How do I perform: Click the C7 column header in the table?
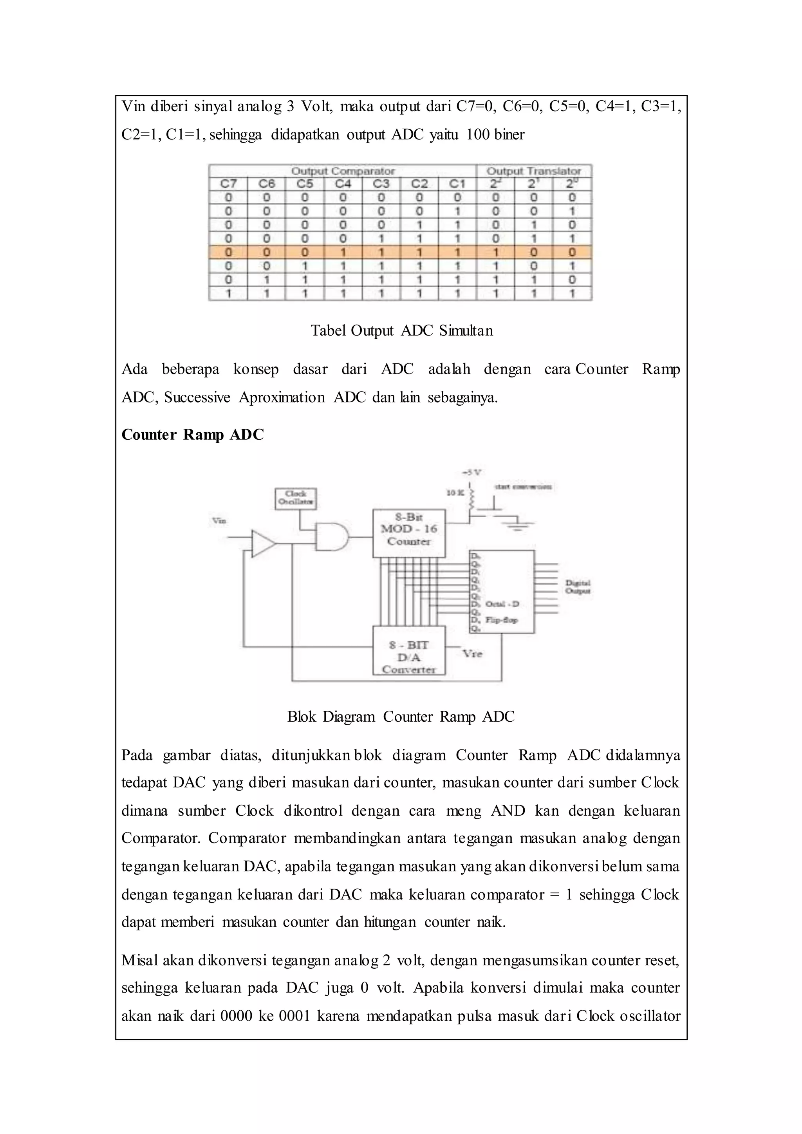point(228,184)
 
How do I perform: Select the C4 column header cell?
point(343,184)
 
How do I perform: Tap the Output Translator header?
point(534,171)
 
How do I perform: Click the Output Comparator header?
point(343,171)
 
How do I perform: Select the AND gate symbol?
point(331,537)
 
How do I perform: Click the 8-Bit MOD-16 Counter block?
point(408,533)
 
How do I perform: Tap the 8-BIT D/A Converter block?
point(408,650)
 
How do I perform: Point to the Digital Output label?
point(577,586)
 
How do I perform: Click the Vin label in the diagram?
point(219,520)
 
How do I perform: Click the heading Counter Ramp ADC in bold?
point(193,435)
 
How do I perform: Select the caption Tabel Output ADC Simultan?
point(401,330)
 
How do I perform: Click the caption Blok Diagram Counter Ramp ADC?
point(401,717)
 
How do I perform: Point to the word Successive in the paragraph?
point(197,397)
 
